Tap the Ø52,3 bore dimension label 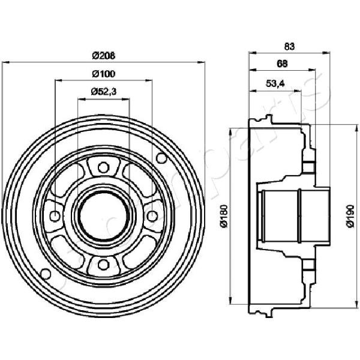point(103,92)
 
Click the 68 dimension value point(281,64)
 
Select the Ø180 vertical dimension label point(223,216)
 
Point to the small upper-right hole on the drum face point(160,158)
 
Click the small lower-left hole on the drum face point(46,273)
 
